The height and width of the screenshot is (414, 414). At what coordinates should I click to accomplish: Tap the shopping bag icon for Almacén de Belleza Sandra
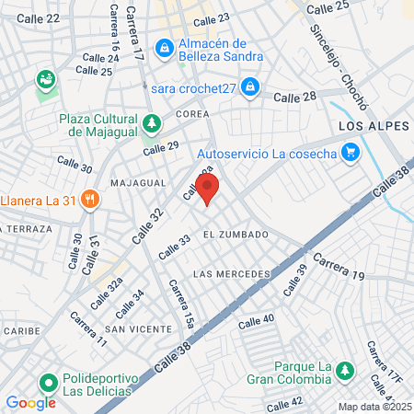[x=163, y=46]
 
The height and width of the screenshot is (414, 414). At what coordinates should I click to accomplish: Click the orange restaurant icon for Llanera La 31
[x=89, y=198]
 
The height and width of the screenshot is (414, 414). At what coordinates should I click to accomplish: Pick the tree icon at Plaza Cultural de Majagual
[x=150, y=121]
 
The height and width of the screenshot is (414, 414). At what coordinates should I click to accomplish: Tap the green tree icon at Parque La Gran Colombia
[x=344, y=369]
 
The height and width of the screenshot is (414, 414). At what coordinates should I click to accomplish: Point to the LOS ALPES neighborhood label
[x=370, y=125]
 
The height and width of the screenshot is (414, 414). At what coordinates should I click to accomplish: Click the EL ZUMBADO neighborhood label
[x=236, y=235]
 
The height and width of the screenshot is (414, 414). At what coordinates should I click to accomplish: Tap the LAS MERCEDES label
[x=232, y=275]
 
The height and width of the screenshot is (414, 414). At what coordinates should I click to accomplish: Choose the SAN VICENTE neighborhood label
[x=138, y=328]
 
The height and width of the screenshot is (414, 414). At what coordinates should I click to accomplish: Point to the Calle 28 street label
[x=294, y=96]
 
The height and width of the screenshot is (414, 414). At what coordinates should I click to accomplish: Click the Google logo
[x=30, y=402]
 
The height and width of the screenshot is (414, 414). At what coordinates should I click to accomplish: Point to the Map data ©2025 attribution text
[x=374, y=407]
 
